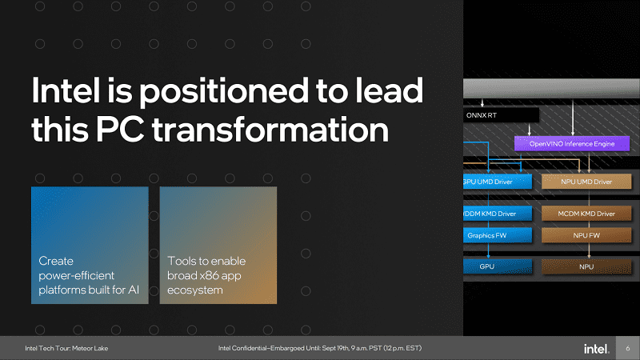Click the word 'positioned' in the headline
coord(224,91)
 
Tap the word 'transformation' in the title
coord(270,129)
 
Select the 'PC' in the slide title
coord(120,129)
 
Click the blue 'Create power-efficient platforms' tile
coord(90,246)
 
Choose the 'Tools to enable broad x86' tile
coord(218,246)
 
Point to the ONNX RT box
coord(501,115)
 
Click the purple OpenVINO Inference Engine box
coord(572,144)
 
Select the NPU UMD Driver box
coord(586,182)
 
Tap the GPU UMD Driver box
coord(498,182)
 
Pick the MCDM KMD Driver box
coord(586,214)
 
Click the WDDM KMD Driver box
coord(498,214)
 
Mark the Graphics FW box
coord(498,235)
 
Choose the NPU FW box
coord(586,235)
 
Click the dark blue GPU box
coord(498,266)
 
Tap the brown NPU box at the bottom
coord(586,266)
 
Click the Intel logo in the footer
coord(596,349)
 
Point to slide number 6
coord(628,348)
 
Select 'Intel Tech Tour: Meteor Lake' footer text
coord(66,348)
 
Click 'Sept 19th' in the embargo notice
coord(335,348)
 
